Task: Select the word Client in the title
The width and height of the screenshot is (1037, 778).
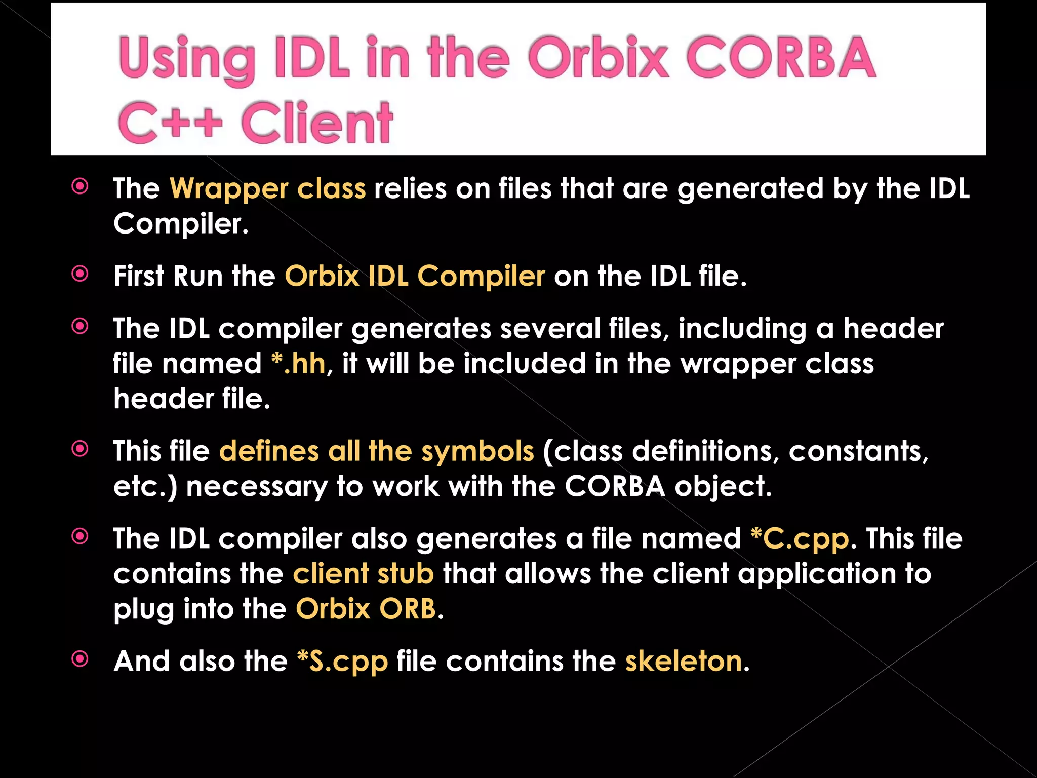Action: click(x=317, y=123)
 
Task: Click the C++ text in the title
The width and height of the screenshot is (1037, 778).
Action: click(x=170, y=123)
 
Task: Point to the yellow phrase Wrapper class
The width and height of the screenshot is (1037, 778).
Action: click(x=267, y=189)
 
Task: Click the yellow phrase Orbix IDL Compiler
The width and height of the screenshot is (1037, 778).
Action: click(x=415, y=277)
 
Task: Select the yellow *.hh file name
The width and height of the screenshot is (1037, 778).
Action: click(x=298, y=364)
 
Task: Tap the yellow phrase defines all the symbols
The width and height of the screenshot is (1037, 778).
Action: click(x=376, y=451)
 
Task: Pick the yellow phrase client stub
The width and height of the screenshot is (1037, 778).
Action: click(x=363, y=574)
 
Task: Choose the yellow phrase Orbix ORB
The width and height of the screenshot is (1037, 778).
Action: click(x=366, y=609)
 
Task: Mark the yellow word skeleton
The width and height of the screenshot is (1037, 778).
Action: click(x=684, y=662)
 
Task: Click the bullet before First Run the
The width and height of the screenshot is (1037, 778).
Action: click(x=80, y=274)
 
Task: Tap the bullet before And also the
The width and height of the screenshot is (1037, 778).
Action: click(x=80, y=659)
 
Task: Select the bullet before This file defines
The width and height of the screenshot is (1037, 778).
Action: click(x=80, y=449)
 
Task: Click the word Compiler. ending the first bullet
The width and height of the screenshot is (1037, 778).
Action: click(x=181, y=224)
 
